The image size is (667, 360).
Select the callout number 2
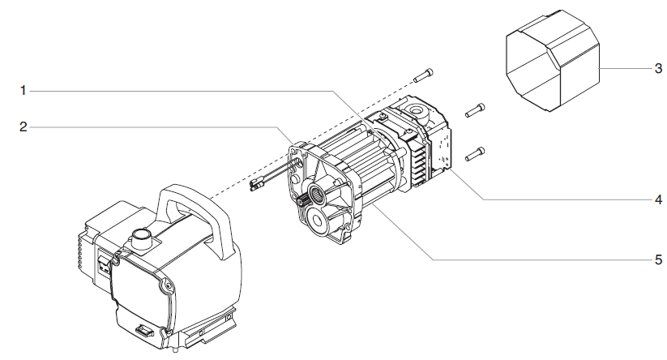[24, 126]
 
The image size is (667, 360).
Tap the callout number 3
[658, 69]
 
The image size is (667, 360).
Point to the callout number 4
[658, 199]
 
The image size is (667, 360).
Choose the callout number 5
[658, 260]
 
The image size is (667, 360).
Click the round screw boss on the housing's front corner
[168, 285]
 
